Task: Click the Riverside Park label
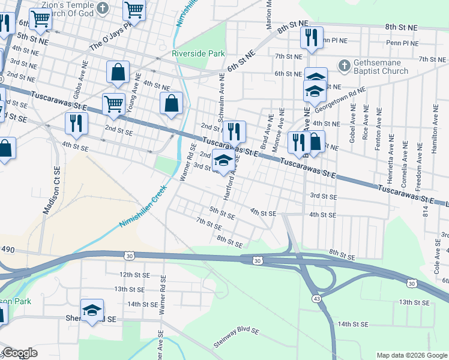[198, 53]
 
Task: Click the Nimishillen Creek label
[142, 206]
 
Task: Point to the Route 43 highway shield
[316, 298]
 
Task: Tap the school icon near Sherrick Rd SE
[92, 310]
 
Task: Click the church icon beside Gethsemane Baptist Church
[345, 64]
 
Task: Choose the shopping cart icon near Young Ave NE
[113, 104]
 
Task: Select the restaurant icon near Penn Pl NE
[312, 37]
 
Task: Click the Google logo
[20, 353]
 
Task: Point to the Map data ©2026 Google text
[412, 355]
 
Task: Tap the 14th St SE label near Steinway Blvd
[352, 324]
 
